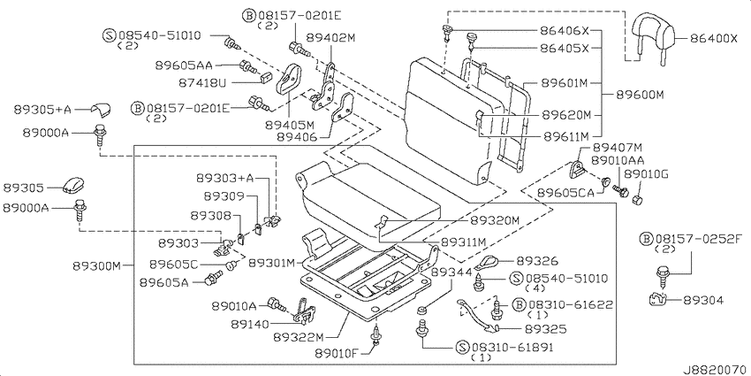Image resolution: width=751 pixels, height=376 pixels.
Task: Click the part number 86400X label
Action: pos(714,38)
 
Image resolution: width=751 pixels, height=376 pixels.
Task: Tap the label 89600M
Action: pos(640,95)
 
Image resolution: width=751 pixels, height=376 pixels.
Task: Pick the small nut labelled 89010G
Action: pos(638,199)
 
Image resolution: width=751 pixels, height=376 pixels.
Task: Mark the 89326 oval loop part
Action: pos(489,263)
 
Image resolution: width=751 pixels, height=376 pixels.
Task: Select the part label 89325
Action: pos(545,329)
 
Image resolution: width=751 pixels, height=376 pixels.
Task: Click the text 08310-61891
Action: pos(512,348)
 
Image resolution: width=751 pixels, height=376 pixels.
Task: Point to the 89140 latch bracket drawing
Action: pos(304,311)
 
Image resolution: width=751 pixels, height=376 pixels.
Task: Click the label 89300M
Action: pos(97,265)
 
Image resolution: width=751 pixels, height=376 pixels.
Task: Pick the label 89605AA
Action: pos(184,65)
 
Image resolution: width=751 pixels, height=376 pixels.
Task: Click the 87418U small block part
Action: pos(265,77)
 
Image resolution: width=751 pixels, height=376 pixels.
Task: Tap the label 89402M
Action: pos(331,38)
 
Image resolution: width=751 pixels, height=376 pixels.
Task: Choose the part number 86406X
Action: pos(565,31)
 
